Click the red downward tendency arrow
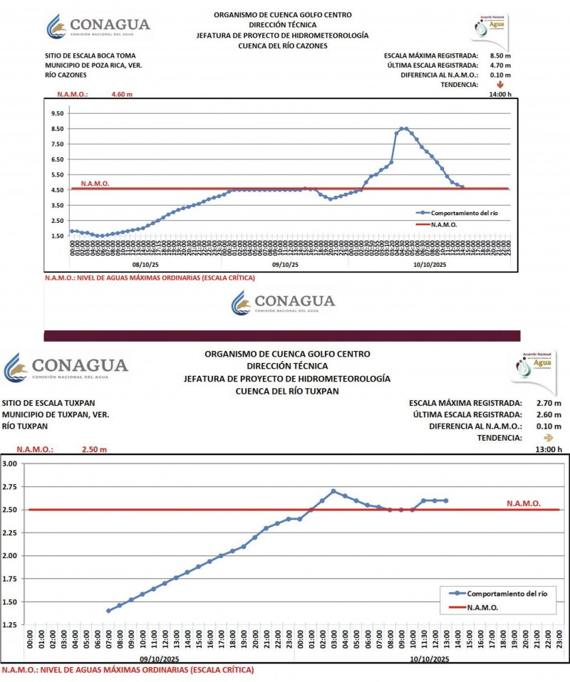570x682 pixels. (x=500, y=84)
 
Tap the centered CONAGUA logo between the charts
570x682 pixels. (x=283, y=303)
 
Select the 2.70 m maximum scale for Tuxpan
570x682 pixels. (x=548, y=402)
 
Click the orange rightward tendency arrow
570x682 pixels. (x=548, y=438)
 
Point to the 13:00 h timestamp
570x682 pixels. (x=548, y=449)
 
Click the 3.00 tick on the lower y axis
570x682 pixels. (x=10, y=463)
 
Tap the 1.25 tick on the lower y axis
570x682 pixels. (x=10, y=624)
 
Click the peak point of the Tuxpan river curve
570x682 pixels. (x=333, y=491)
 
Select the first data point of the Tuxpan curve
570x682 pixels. (x=108, y=611)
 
